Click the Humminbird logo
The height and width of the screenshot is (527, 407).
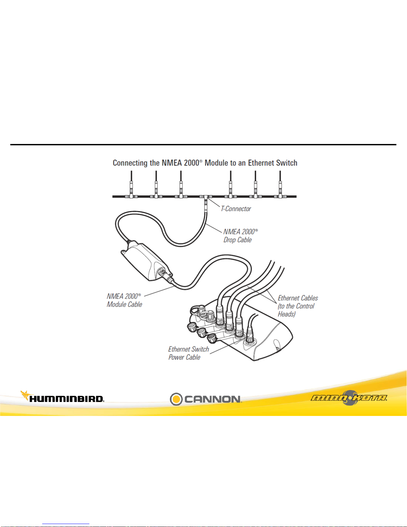tap(62, 397)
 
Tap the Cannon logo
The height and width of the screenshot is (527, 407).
tap(206, 399)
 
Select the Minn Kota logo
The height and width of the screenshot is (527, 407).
tap(349, 397)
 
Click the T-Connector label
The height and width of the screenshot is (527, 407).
tap(236, 209)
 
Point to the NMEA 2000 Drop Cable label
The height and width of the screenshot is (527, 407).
tap(240, 236)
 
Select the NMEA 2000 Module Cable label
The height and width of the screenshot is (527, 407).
tap(124, 300)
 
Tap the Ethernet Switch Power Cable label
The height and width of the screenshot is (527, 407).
tap(188, 353)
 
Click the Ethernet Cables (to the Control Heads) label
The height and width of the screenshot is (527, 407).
tap(298, 306)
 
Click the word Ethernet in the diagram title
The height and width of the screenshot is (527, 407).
tap(261, 163)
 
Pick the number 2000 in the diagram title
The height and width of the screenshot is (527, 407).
tap(191, 163)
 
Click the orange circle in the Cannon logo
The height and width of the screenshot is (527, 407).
tap(176, 399)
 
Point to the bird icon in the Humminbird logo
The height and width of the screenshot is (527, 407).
tap(26, 395)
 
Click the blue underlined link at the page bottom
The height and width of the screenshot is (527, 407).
tap(66, 524)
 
